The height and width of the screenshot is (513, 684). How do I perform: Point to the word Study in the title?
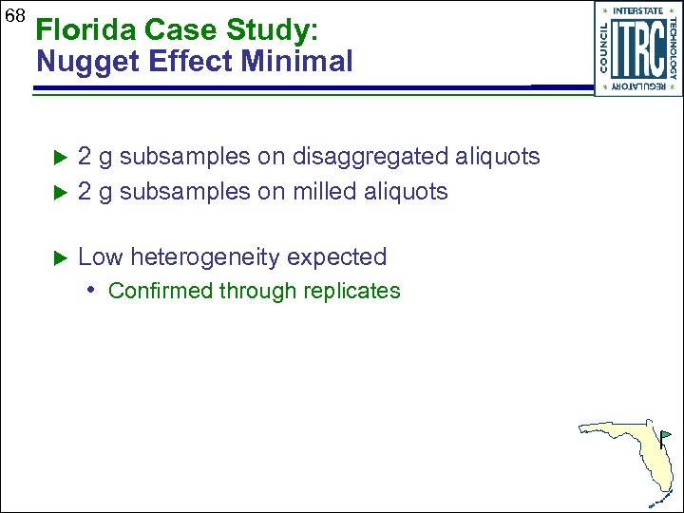tap(275, 30)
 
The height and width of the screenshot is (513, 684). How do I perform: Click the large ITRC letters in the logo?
tap(638, 48)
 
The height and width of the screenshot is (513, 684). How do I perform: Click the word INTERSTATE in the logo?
tap(638, 10)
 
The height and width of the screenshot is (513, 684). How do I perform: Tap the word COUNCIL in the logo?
tap(604, 48)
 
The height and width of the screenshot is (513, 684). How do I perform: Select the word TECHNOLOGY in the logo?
tap(673, 48)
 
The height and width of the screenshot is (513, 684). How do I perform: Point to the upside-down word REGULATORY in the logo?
tap(638, 86)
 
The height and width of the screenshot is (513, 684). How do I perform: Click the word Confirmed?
tap(160, 291)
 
